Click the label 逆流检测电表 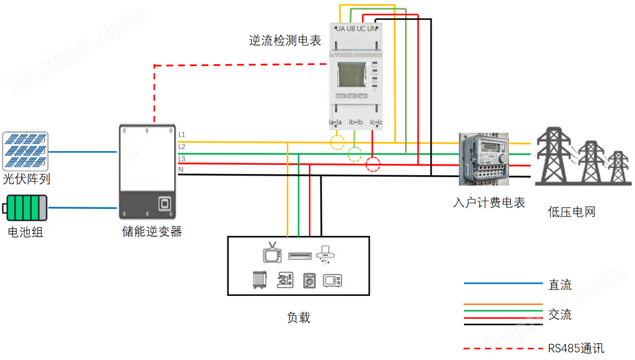(285, 41)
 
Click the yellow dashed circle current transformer (338, 142)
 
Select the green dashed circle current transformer (355, 155)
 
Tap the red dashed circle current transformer (373, 164)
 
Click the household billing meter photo (484, 160)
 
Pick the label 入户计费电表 (489, 203)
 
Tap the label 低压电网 (571, 212)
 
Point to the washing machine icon (309, 280)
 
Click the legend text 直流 (559, 285)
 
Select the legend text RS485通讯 (576, 348)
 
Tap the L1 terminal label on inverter (182, 134)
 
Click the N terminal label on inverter (181, 170)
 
